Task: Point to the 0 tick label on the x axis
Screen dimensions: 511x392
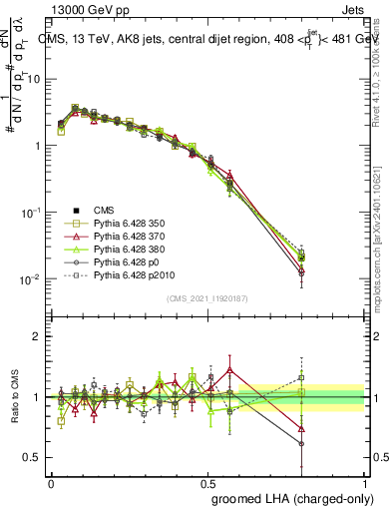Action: [51, 482]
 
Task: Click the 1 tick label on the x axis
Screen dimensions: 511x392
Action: [365, 482]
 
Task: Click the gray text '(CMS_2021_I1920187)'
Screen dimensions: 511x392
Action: [207, 297]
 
